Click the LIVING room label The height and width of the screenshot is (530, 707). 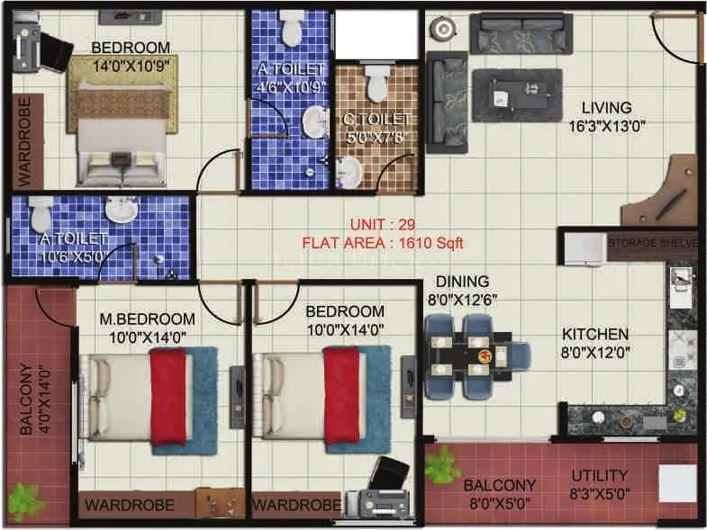[605, 107]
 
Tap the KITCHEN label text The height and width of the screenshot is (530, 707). [596, 334]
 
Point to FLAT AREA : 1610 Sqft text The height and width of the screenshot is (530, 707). [383, 241]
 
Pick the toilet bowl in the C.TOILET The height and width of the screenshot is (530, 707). [377, 85]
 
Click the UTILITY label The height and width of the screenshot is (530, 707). [599, 475]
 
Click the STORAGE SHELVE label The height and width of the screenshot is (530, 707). [653, 244]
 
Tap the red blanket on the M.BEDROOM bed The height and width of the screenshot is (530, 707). [168, 396]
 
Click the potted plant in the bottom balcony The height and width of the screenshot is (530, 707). [442, 466]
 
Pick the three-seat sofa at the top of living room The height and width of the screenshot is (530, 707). [522, 33]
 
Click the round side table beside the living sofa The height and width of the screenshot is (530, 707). [443, 30]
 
